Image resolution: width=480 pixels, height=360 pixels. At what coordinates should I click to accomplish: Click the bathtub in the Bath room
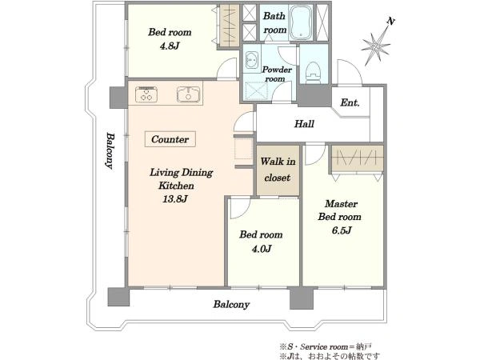[x=301, y=22]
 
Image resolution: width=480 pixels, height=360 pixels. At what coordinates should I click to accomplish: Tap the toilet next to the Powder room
[x=313, y=73]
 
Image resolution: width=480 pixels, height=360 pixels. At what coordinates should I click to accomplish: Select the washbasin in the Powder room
[x=252, y=60]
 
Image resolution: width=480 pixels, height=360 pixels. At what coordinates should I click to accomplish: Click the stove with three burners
[x=146, y=94]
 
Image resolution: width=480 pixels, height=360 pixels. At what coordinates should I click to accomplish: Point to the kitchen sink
[x=189, y=94]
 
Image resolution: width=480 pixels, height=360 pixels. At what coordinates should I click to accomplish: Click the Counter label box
[x=170, y=139]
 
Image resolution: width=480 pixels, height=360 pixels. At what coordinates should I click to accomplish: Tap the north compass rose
[x=376, y=47]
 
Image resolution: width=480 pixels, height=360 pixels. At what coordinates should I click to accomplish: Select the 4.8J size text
[x=170, y=46]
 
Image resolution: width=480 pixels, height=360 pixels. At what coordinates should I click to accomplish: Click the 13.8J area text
[x=174, y=199]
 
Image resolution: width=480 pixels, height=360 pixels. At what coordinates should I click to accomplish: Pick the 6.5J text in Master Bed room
[x=342, y=230]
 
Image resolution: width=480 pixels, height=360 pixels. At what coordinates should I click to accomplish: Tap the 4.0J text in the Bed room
[x=262, y=249]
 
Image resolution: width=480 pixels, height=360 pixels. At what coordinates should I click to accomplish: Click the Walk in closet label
[x=278, y=170]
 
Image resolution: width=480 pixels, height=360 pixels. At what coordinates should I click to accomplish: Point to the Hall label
[x=304, y=124]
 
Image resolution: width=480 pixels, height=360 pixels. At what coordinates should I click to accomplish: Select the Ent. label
[x=350, y=102]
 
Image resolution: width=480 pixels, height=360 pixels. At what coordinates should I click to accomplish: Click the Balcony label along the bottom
[x=231, y=304]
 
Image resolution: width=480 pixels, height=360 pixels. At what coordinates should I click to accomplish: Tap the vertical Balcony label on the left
[x=110, y=150]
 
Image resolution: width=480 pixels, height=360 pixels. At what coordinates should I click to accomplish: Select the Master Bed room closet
[x=358, y=159]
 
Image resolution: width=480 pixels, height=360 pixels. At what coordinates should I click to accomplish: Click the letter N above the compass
[x=390, y=22]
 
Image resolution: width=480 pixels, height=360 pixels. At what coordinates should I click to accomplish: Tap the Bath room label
[x=274, y=22]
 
